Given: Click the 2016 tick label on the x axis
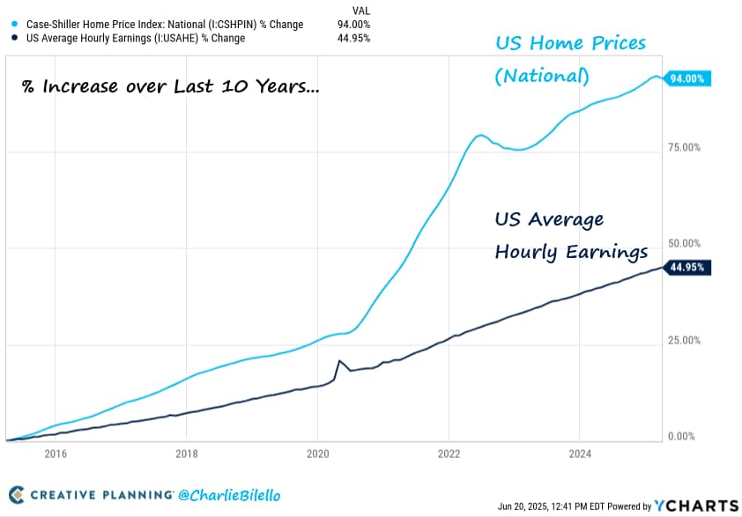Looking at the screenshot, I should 56,455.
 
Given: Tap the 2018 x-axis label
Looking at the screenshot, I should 186,455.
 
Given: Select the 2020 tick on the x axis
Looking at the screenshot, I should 317,455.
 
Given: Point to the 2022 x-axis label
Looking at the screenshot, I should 449,455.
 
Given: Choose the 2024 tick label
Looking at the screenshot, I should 579,455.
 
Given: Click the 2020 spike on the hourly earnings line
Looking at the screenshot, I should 339,361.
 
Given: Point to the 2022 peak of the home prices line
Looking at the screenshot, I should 481,135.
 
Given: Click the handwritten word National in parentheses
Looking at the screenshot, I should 541,77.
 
